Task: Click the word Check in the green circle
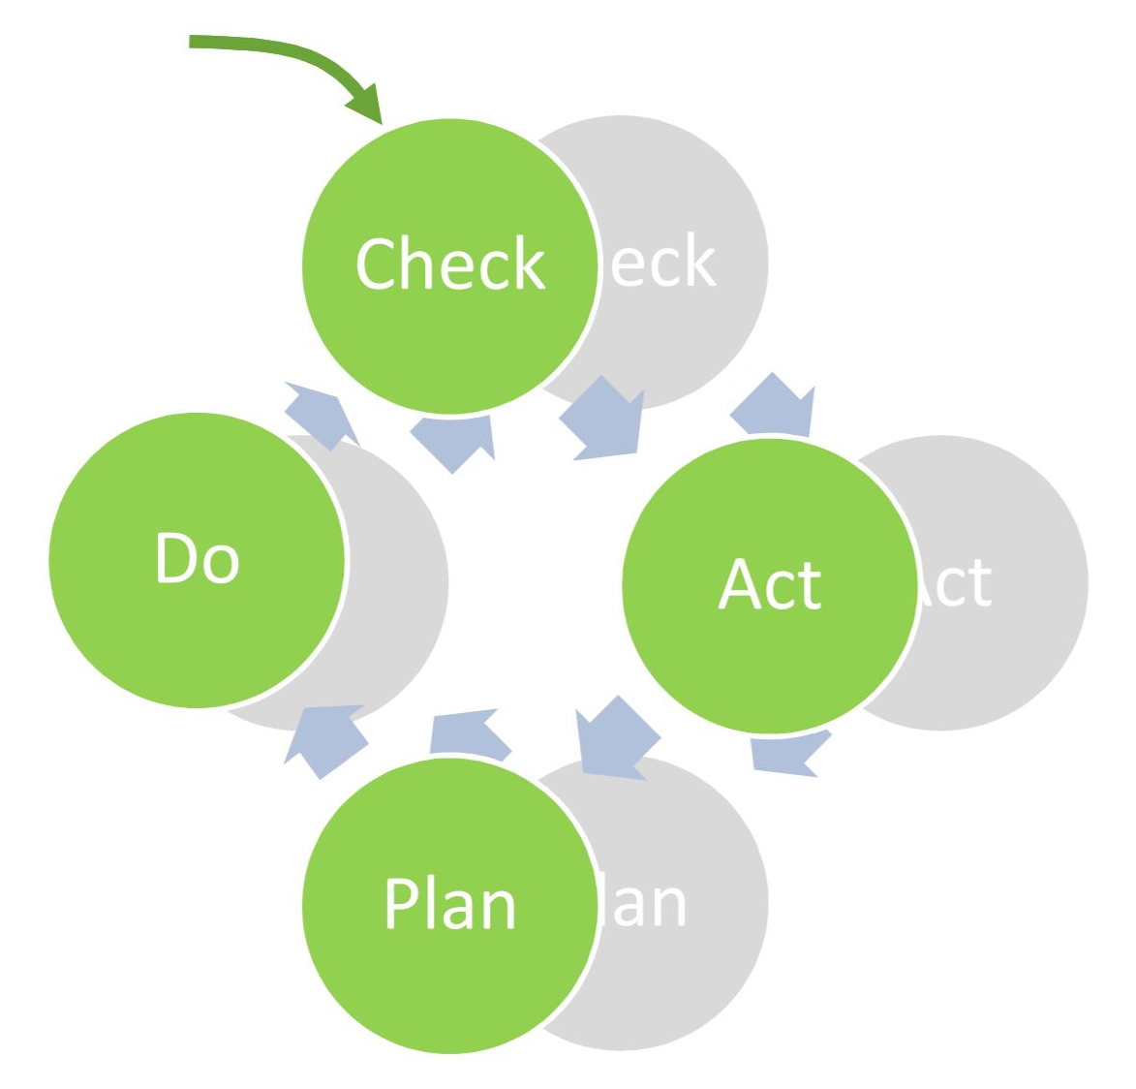coord(450,264)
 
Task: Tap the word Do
coord(197,558)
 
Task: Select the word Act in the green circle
coord(770,584)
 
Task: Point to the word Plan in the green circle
coord(450,903)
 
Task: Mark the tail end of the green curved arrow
coord(194,42)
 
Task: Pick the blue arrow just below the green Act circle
coord(789,753)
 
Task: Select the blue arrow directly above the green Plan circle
coord(469,732)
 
